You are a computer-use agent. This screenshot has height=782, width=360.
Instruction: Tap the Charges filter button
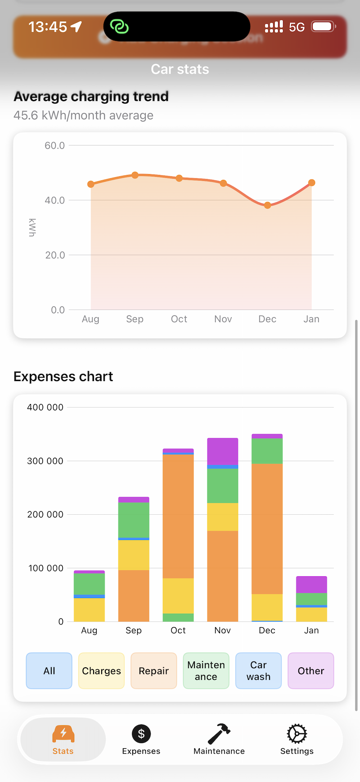click(101, 670)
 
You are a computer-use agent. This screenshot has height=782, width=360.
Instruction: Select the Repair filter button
click(153, 670)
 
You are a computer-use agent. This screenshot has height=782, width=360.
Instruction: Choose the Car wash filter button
click(258, 670)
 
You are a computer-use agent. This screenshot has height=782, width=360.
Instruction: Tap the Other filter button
click(310, 670)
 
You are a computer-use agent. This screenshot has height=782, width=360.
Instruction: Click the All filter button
click(49, 670)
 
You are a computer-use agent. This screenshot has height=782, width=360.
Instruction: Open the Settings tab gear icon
click(297, 734)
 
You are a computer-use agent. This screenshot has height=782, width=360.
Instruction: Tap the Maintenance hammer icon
click(219, 734)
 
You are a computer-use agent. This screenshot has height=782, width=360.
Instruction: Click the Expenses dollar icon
click(141, 734)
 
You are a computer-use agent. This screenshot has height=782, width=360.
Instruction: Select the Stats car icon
click(63, 734)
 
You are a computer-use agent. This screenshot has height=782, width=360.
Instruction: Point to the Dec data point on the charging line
click(268, 205)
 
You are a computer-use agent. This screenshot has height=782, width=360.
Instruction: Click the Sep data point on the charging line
click(135, 175)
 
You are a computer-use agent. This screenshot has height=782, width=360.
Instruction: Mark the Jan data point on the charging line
click(311, 183)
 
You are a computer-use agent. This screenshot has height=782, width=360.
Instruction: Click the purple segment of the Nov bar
click(223, 451)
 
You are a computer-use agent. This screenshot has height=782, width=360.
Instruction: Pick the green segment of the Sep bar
click(134, 520)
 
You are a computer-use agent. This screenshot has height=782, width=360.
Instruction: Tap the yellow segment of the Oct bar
click(178, 596)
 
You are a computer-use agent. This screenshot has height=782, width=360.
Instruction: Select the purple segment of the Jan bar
click(311, 584)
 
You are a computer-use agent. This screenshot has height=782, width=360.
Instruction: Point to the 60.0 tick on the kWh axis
click(54, 145)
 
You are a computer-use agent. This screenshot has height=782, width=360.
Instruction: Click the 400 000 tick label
click(45, 407)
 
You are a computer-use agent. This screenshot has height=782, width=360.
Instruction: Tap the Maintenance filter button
click(206, 670)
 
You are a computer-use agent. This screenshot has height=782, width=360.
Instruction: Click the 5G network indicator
click(297, 27)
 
